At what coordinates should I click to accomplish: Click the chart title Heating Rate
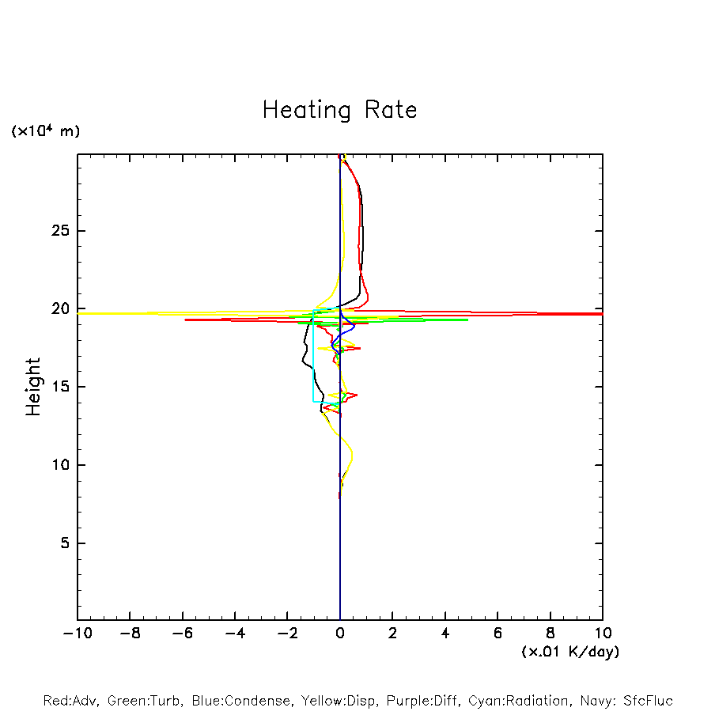point(339,110)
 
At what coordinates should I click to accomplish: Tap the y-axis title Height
point(33,387)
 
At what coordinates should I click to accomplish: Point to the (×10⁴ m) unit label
point(45,131)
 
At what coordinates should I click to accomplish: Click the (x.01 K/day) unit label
point(570,651)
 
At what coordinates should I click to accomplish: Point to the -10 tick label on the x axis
point(77,633)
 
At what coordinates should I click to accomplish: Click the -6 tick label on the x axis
point(182,633)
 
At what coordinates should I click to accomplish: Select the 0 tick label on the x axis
point(340,633)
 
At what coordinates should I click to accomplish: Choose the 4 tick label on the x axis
point(445,633)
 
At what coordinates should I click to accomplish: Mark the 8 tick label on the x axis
point(550,633)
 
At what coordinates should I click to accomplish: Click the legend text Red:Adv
point(70,701)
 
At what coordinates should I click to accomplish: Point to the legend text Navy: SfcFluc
point(626,701)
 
